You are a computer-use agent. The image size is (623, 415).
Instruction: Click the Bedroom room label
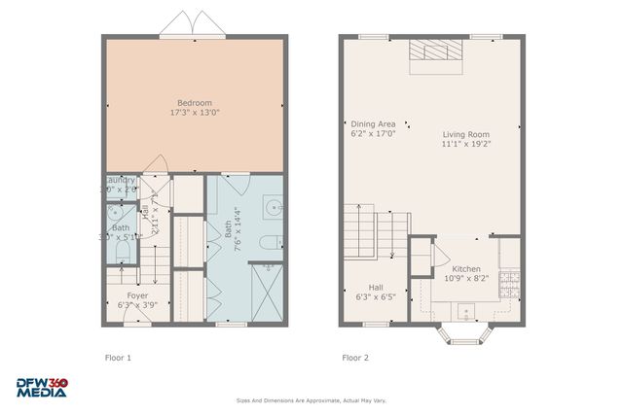pyautogui.click(x=195, y=103)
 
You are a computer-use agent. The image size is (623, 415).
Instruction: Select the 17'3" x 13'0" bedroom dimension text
pyautogui.click(x=195, y=114)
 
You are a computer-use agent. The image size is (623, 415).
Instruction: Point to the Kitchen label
pyautogui.click(x=466, y=268)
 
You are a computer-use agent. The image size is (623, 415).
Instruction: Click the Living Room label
pyautogui.click(x=466, y=134)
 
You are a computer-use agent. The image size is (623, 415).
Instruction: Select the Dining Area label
pyautogui.click(x=373, y=123)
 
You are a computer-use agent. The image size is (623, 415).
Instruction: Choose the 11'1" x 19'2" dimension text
pyautogui.click(x=466, y=145)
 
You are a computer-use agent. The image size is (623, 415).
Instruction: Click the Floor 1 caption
pyautogui.click(x=118, y=358)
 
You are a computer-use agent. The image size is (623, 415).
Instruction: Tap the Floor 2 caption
pyautogui.click(x=355, y=358)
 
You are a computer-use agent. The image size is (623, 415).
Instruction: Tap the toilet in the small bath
pyautogui.click(x=121, y=252)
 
